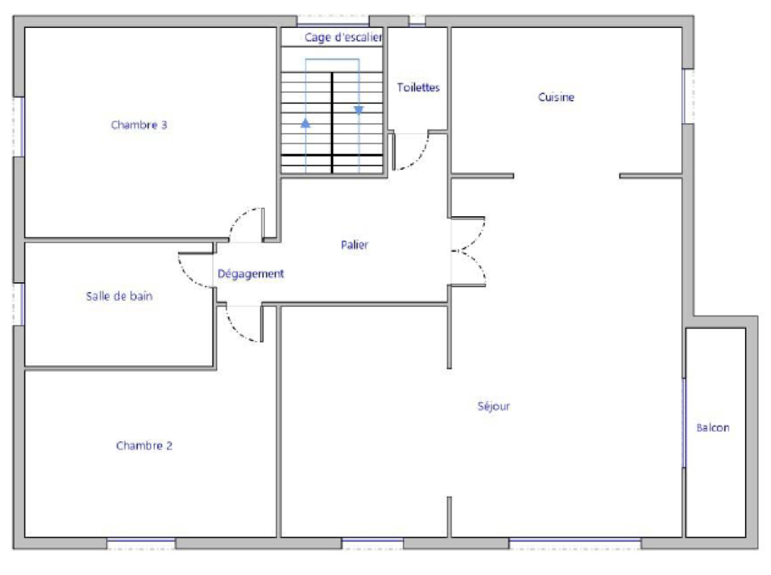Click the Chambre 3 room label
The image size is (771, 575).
coord(139,125)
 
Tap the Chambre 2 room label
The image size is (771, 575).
coord(144,445)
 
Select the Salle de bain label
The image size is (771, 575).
coord(119,296)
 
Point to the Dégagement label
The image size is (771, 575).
coord(251,274)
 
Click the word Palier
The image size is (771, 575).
coord(355,245)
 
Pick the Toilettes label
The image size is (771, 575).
coord(418,87)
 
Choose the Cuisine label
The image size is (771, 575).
coord(556,97)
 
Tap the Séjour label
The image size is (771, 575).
coord(494,406)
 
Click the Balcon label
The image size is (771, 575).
coord(713,428)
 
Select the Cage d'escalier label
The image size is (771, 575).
coord(343,38)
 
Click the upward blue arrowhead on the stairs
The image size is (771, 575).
coord(306,123)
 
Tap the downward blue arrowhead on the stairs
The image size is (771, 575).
coord(359,110)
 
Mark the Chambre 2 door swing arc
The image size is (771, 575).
coord(236,330)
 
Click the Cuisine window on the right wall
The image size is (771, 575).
coord(688,96)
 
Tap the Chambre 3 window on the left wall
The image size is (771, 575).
coord(19,127)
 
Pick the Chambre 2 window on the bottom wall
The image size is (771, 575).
coord(141,543)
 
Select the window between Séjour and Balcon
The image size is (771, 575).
coord(684,423)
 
